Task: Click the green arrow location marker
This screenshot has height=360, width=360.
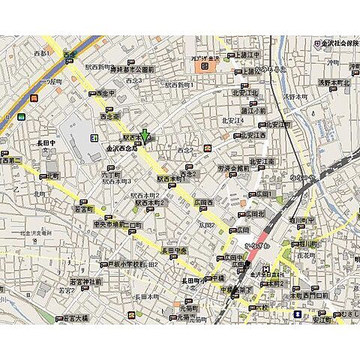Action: (x=145, y=135)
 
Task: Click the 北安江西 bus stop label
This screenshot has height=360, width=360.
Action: (x=255, y=135)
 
